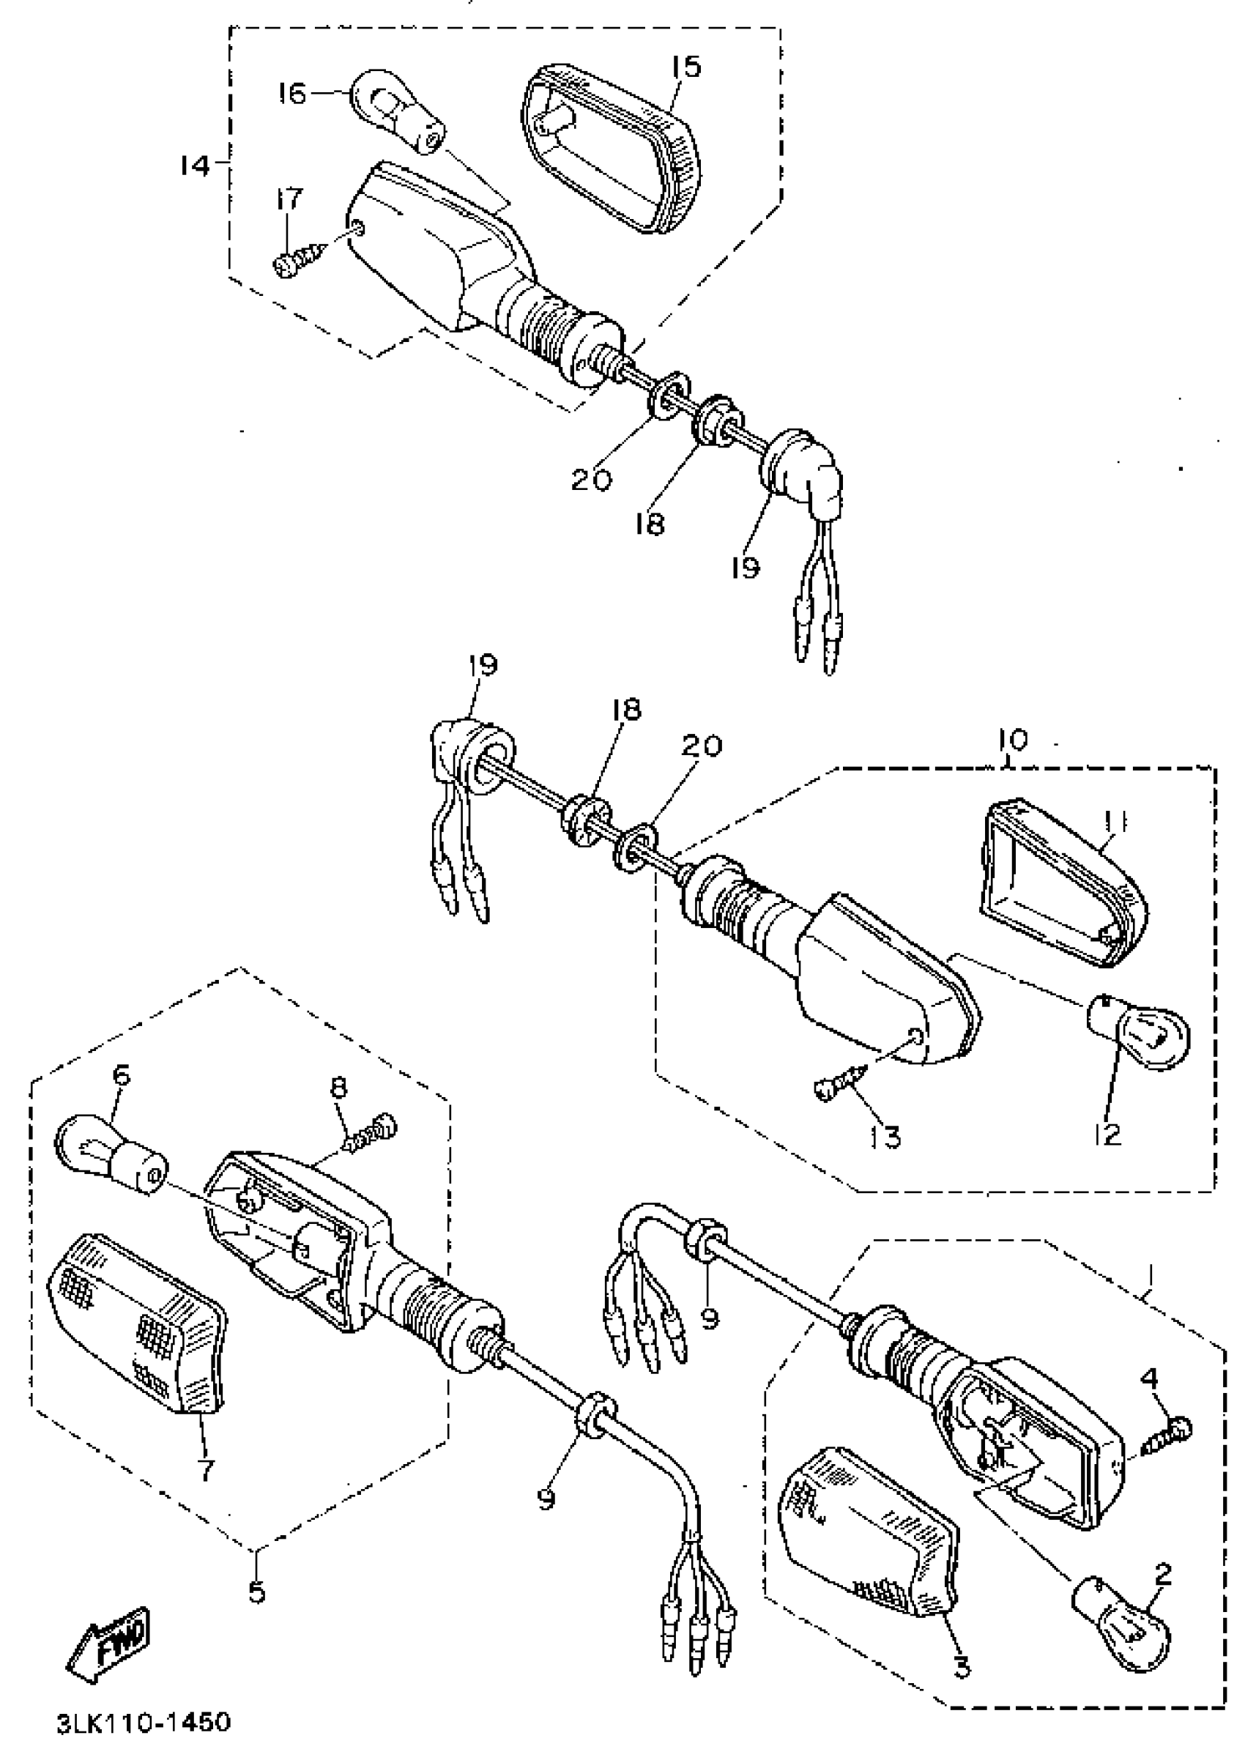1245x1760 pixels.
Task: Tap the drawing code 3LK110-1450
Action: coord(144,1724)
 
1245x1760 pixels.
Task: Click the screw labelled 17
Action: coord(298,261)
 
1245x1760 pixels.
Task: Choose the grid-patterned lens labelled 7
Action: coord(138,1342)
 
